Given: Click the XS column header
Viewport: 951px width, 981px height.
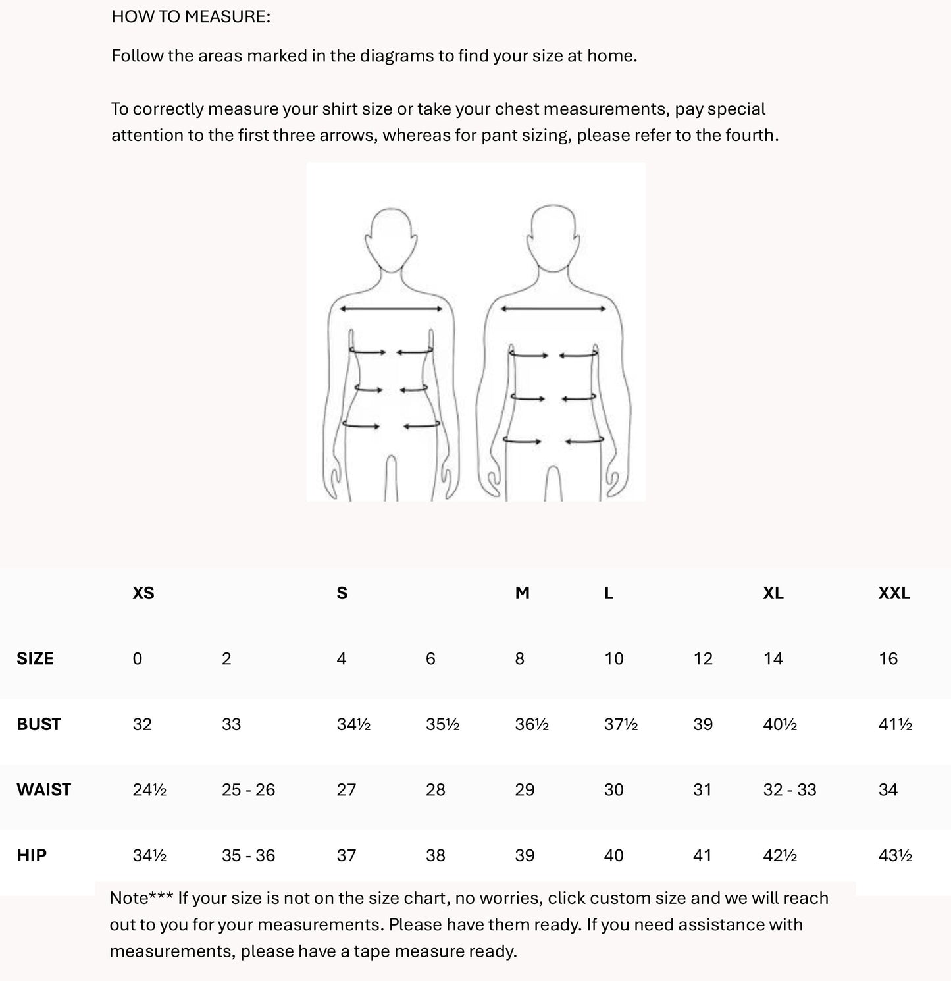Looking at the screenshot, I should [x=143, y=593].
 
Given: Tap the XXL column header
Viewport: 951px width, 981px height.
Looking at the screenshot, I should [x=894, y=593].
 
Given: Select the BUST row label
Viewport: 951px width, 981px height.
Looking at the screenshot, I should [x=39, y=724].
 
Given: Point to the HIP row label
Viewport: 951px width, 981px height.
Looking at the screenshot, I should [x=32, y=855].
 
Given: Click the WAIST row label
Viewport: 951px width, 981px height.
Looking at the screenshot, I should [x=43, y=789].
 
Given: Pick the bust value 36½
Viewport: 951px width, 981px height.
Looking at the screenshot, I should [x=532, y=724].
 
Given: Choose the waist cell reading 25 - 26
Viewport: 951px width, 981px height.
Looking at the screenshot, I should [x=248, y=789].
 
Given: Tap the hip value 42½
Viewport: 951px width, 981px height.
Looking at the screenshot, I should [x=780, y=855].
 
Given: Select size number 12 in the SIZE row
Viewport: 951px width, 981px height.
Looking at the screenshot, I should [x=703, y=658].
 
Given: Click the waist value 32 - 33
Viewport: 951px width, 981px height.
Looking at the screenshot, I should [x=790, y=789].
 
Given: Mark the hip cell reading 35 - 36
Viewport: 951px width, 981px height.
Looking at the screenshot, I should [x=248, y=855].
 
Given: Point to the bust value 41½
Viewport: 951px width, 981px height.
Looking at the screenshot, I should [x=895, y=724].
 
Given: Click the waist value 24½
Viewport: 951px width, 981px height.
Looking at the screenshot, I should [x=149, y=789].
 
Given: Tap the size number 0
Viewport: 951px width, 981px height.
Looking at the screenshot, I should [x=137, y=658].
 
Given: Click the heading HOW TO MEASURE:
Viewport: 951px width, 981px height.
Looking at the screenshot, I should [x=191, y=16].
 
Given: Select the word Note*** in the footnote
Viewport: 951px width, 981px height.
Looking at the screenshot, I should [x=141, y=898].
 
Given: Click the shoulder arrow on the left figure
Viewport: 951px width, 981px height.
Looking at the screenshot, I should [x=391, y=309].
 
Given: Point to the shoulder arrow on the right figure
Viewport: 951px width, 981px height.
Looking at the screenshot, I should [x=553, y=309].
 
